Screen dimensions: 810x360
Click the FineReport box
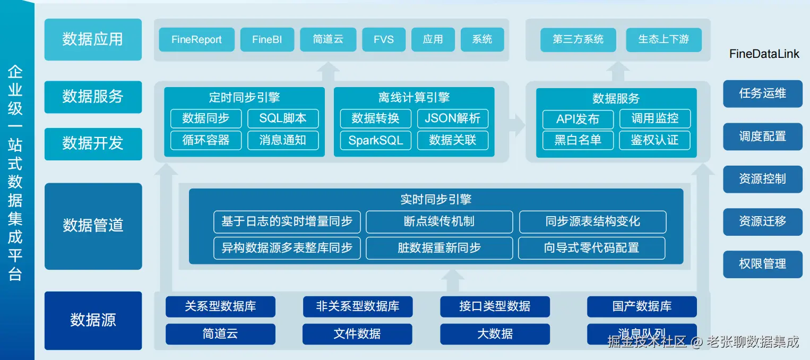(x=196, y=40)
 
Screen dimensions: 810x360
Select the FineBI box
(x=267, y=40)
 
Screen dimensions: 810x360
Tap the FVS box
(x=383, y=40)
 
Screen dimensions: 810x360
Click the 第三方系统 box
(x=578, y=40)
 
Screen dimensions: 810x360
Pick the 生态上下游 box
(x=663, y=40)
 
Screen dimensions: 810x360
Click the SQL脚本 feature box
(x=283, y=118)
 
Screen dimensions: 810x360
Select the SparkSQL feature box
(x=375, y=141)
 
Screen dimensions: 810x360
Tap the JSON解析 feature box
(x=452, y=118)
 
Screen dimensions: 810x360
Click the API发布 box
(x=578, y=119)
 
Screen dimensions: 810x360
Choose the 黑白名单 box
(x=578, y=141)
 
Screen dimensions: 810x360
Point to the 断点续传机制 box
(x=439, y=222)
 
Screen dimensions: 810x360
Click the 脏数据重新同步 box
(x=439, y=248)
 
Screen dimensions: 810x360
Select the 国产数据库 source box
(x=642, y=306)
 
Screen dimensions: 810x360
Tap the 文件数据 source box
(x=357, y=334)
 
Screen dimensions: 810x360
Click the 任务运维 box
(x=762, y=93)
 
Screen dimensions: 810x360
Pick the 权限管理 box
(x=762, y=264)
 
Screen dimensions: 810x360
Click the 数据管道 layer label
(x=93, y=226)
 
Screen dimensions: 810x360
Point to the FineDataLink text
(x=764, y=54)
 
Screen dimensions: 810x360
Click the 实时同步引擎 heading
(x=436, y=200)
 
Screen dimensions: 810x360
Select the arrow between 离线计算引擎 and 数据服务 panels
(x=515, y=123)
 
